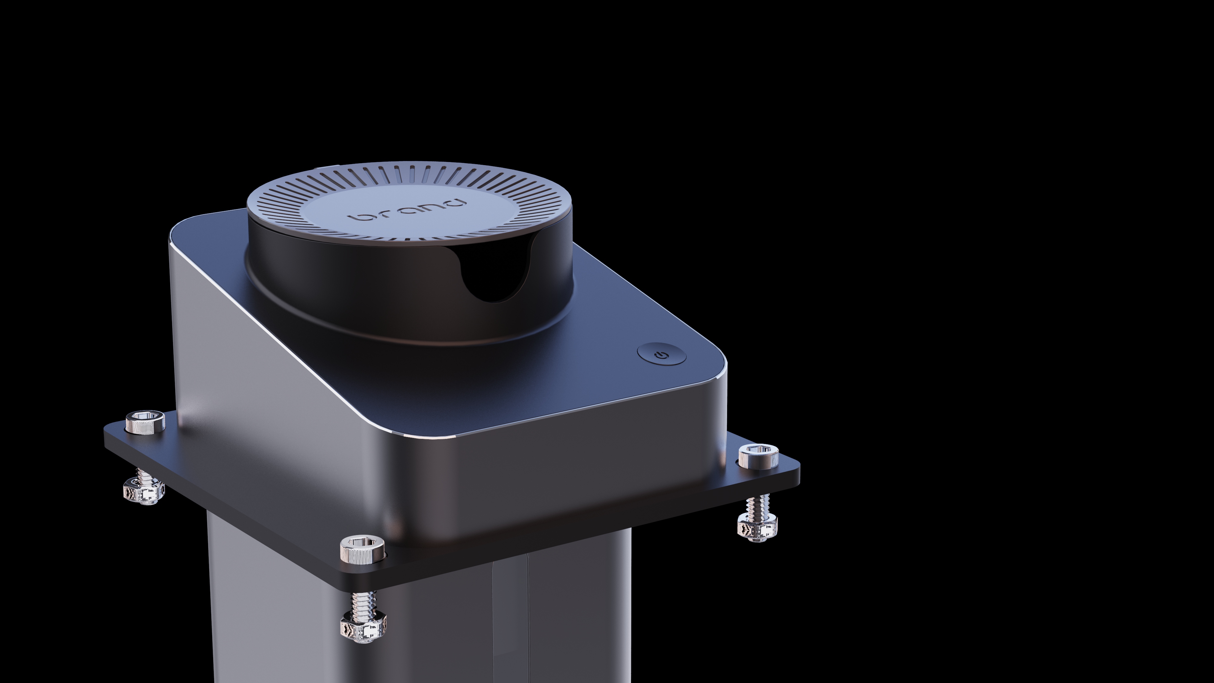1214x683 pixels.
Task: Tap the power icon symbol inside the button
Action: click(x=662, y=354)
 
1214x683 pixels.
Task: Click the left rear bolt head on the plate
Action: click(x=146, y=421)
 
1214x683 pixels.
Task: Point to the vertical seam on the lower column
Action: click(x=528, y=622)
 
